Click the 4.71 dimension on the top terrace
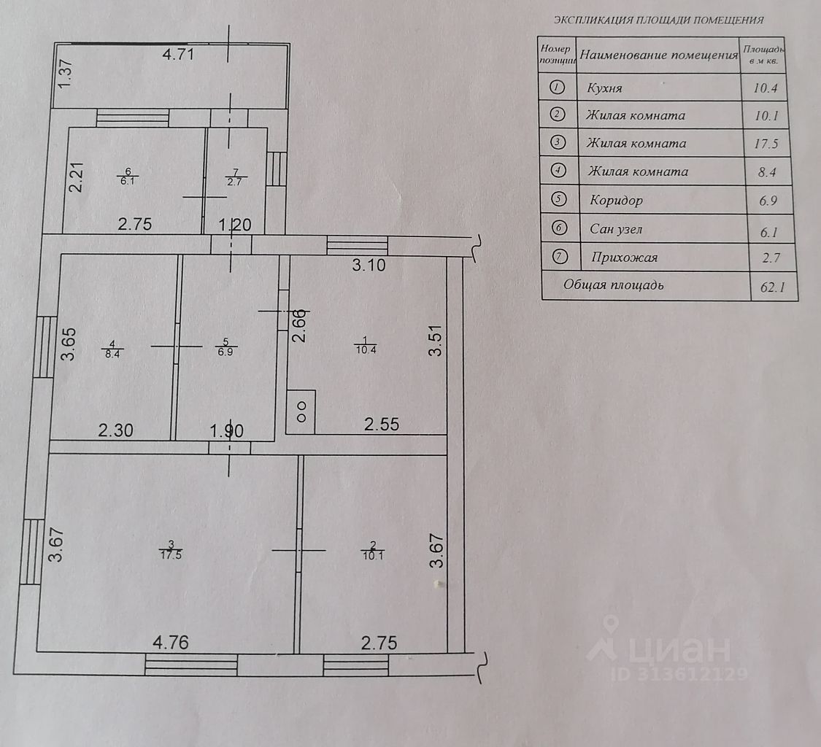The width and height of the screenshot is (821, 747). point(178,54)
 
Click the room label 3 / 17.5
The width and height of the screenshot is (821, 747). point(171,549)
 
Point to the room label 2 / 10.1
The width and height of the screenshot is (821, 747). point(373,549)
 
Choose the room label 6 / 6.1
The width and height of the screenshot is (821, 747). point(128,177)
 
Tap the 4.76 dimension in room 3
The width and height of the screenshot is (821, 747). point(171,643)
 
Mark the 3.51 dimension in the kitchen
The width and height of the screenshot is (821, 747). point(436,340)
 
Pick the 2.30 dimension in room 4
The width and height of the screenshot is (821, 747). point(116,431)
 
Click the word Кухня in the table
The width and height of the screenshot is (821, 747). point(604,88)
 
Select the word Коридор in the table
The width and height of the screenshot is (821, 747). point(616,200)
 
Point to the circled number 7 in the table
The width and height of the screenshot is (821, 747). point(559,257)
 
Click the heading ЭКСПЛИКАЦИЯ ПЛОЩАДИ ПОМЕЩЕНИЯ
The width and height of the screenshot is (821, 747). point(658,20)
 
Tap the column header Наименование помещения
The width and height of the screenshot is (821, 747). point(659,55)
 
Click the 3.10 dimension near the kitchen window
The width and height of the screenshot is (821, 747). point(368,265)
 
